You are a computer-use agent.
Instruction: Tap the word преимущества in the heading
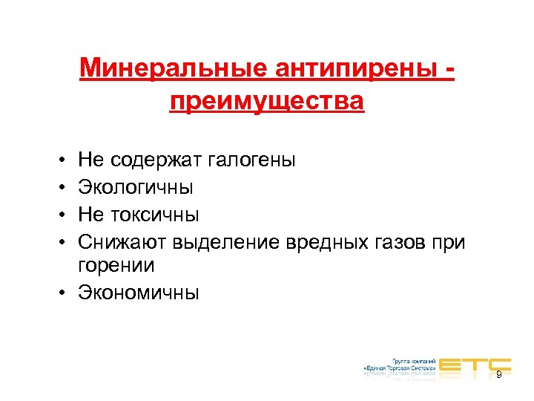click(x=267, y=100)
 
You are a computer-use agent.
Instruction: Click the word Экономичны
click(x=138, y=293)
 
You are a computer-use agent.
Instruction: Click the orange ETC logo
click(x=475, y=365)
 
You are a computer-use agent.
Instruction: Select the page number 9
click(x=498, y=374)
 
